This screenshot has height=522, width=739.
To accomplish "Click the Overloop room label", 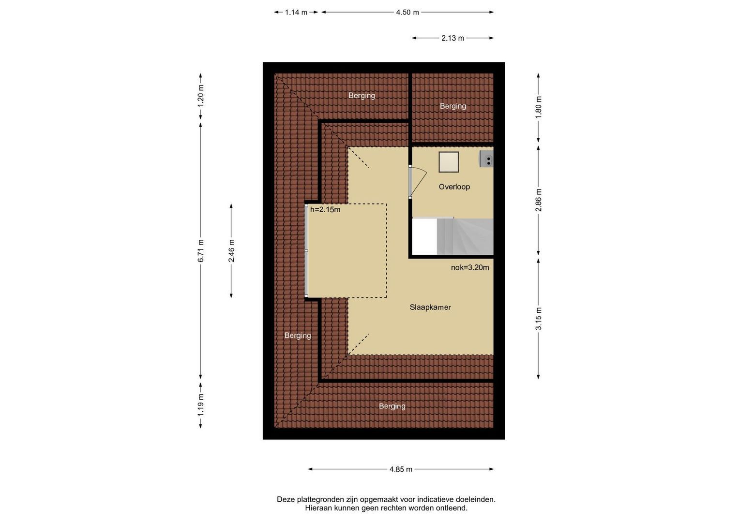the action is pyautogui.click(x=454, y=187).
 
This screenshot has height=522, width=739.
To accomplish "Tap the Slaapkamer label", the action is pyautogui.click(x=430, y=307).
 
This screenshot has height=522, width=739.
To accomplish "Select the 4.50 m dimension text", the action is pyautogui.click(x=407, y=12).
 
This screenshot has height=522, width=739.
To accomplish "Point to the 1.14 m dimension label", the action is pyautogui.click(x=296, y=12).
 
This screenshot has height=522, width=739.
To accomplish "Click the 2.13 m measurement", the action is pyautogui.click(x=452, y=38).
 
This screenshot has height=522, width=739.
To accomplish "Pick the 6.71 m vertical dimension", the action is pyautogui.click(x=200, y=251).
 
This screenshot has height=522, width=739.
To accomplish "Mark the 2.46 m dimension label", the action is pyautogui.click(x=231, y=251).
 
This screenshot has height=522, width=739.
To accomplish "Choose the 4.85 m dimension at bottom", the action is pyautogui.click(x=401, y=469).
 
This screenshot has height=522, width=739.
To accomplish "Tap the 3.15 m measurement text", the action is pyautogui.click(x=539, y=319).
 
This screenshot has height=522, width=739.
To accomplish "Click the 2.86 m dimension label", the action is pyautogui.click(x=539, y=200).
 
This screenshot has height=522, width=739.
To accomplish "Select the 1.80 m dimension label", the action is pyautogui.click(x=539, y=107).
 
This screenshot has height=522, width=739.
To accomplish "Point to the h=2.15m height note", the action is pyautogui.click(x=325, y=209).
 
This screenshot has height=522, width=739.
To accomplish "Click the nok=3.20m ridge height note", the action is pyautogui.click(x=470, y=267).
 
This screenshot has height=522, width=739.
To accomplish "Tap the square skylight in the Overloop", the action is pyautogui.click(x=449, y=162).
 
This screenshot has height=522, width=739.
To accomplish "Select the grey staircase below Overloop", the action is pyautogui.click(x=465, y=236).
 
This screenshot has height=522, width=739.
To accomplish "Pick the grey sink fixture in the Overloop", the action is pyautogui.click(x=486, y=159).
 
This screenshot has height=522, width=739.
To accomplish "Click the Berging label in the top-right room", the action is pyautogui.click(x=452, y=106).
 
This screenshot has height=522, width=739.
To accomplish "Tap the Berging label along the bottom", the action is pyautogui.click(x=392, y=406).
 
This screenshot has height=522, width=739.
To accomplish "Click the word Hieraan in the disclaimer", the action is pyautogui.click(x=318, y=508).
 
